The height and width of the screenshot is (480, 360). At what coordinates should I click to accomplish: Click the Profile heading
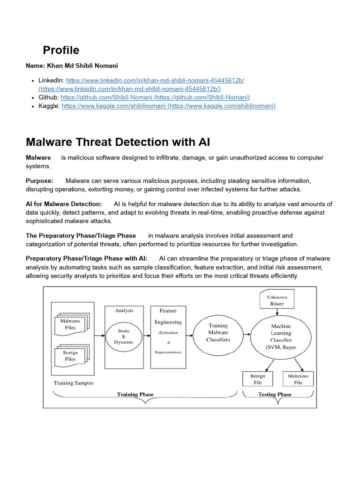click(x=61, y=50)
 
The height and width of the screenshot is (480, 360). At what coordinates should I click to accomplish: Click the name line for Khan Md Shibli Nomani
click(x=72, y=66)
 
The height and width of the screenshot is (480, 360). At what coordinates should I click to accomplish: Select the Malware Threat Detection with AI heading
click(x=118, y=142)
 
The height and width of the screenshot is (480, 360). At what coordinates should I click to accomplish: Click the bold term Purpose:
click(x=39, y=180)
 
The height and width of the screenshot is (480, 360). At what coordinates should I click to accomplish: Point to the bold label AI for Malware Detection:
click(x=64, y=204)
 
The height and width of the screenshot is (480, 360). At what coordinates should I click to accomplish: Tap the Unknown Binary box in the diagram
click(x=277, y=300)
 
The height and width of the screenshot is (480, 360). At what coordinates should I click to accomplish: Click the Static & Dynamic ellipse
click(x=123, y=336)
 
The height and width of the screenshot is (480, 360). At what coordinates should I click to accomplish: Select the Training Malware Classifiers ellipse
click(x=218, y=332)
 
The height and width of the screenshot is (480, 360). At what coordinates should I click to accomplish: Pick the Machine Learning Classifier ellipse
click(x=281, y=337)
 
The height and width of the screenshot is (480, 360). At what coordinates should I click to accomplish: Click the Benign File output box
click(x=258, y=379)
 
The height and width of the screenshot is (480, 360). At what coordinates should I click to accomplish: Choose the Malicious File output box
click(x=298, y=379)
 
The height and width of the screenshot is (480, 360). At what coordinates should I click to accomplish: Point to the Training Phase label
click(x=135, y=395)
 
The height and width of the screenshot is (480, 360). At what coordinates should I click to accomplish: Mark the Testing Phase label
click(x=275, y=395)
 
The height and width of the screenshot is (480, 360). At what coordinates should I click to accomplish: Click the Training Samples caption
click(x=74, y=383)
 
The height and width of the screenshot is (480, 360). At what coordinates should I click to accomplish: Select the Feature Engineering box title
click(x=168, y=316)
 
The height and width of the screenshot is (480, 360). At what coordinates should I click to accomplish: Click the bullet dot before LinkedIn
click(x=32, y=81)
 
